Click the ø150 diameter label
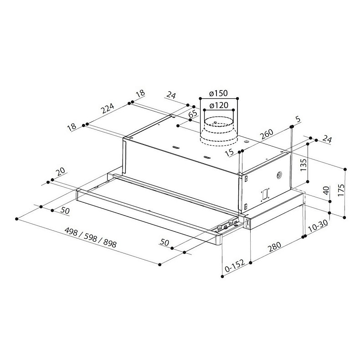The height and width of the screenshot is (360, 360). pyautogui.click(x=219, y=93)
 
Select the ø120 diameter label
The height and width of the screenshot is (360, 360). pyautogui.click(x=219, y=105)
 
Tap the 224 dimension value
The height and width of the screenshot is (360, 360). pyautogui.click(x=108, y=108)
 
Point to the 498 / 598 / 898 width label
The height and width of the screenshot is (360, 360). pyautogui.click(x=91, y=237)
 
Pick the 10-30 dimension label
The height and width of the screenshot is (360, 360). pyautogui.click(x=318, y=226)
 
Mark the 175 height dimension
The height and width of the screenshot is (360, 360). pyautogui.click(x=341, y=190)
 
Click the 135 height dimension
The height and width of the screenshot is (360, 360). pyautogui.click(x=303, y=165)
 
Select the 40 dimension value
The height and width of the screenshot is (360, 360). pyautogui.click(x=326, y=190)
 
